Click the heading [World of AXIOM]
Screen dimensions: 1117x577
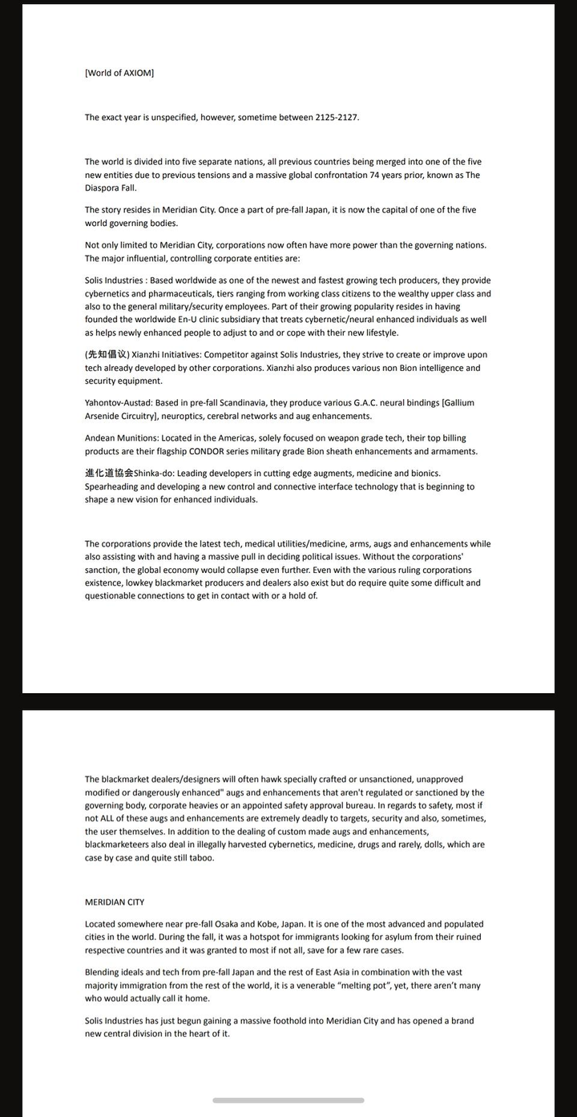119,73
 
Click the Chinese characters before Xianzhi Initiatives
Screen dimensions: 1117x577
107,355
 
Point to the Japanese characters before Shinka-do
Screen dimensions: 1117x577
109,474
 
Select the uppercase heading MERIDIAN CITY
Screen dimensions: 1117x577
115,902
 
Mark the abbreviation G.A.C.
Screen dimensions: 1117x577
369,403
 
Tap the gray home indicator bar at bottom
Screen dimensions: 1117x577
288,1100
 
